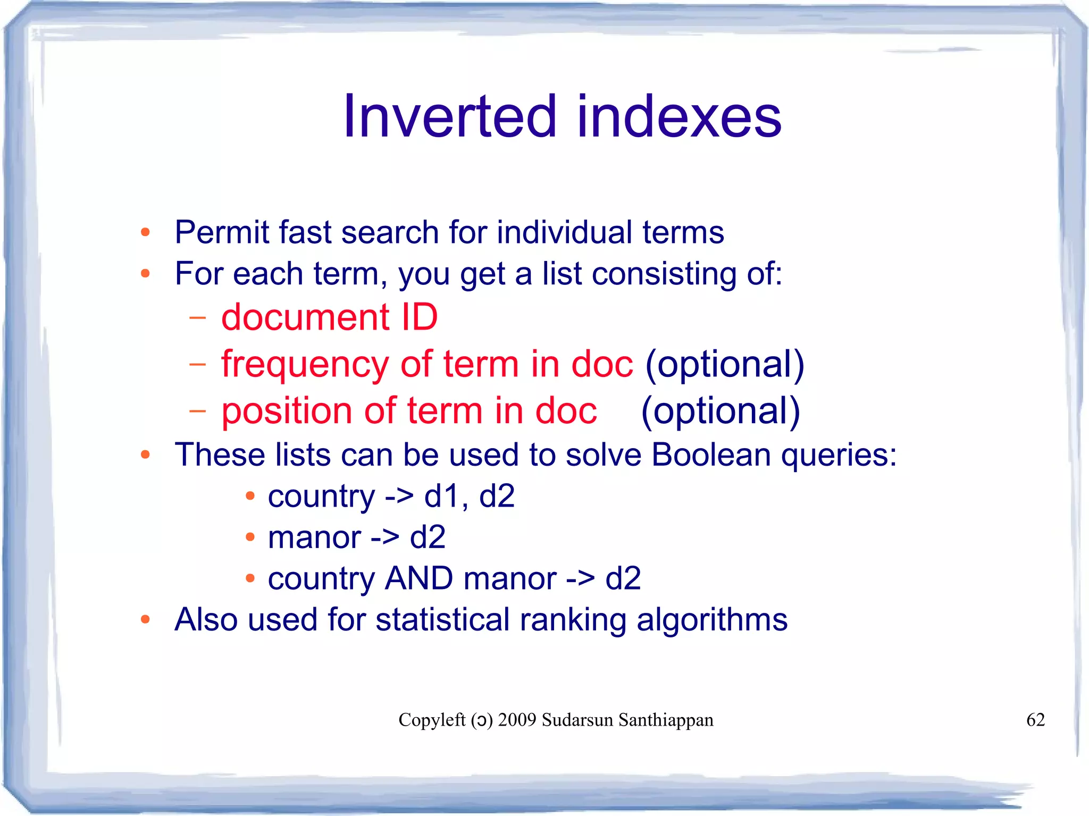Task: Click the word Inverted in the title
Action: coord(449,116)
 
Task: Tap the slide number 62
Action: coord(1035,720)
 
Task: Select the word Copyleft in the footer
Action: coord(432,720)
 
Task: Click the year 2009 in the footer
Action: coord(517,720)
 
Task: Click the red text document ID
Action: coord(329,317)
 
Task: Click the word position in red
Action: coord(287,411)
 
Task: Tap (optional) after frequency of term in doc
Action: coord(724,365)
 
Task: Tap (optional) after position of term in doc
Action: coord(720,411)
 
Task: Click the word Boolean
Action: coord(711,455)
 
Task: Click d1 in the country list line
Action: coord(442,497)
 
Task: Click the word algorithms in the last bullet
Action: coord(711,620)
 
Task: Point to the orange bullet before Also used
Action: coord(145,619)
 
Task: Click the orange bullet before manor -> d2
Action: coord(250,537)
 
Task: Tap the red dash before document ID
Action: coord(197,318)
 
